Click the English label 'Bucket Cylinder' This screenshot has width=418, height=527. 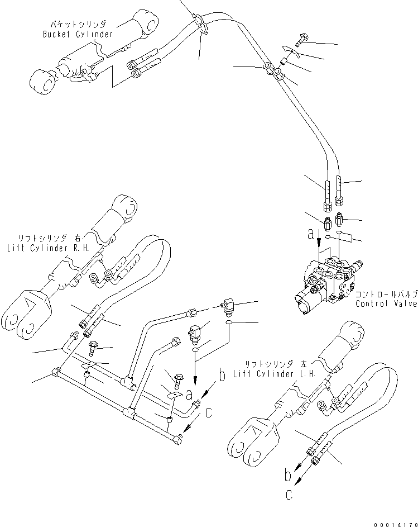coord(78,34)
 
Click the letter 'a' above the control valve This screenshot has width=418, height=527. coord(311,236)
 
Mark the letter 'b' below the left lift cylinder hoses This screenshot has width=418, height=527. coord(287,476)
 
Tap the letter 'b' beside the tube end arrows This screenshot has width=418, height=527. coord(222,376)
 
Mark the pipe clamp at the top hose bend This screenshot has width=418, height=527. coord(201,23)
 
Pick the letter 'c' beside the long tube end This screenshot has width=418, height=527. coord(208,413)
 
